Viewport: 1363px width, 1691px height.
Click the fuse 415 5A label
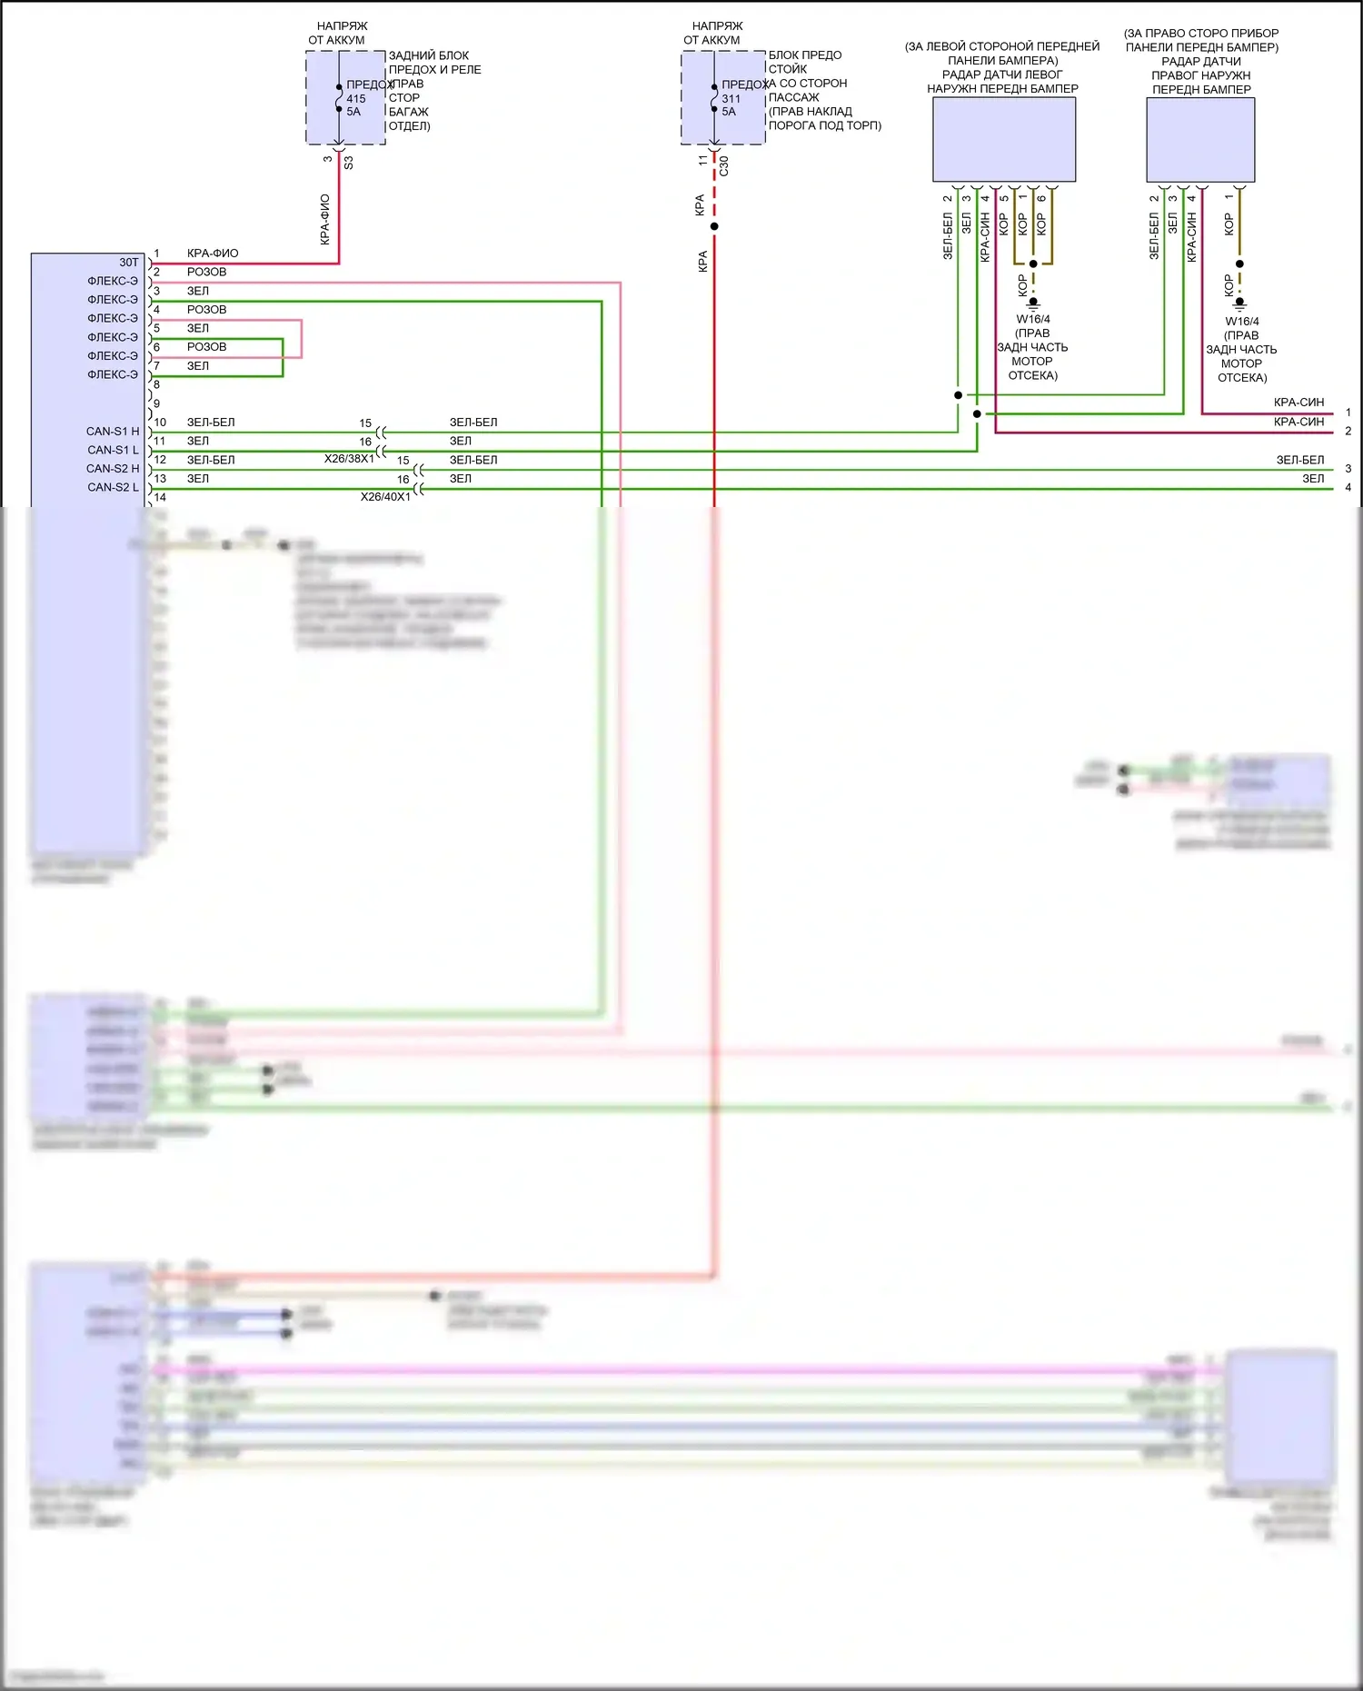tap(355, 104)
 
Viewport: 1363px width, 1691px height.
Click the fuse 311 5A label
tap(731, 104)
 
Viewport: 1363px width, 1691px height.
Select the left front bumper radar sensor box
tap(1004, 139)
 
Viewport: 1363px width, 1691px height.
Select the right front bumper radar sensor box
tap(1200, 139)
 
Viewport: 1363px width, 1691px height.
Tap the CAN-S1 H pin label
tap(113, 432)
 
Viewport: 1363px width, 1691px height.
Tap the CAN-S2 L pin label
tap(113, 488)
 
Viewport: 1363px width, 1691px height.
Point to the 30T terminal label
tap(129, 263)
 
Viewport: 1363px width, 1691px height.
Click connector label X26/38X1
tap(349, 459)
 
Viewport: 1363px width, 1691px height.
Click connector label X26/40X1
tap(385, 497)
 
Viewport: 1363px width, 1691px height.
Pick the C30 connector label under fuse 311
tap(724, 165)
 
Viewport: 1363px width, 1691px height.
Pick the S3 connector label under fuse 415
tap(349, 163)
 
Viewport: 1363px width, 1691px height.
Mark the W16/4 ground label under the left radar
tap(1033, 320)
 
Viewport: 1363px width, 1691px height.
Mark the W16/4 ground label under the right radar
tap(1242, 322)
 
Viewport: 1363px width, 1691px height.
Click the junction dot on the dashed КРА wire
tap(714, 226)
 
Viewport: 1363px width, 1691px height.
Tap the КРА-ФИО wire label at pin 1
tap(213, 254)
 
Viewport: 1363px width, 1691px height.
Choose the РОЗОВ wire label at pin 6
tap(206, 347)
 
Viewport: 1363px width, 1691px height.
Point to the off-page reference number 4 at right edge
tap(1348, 488)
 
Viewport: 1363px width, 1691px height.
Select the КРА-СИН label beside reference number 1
tap(1298, 403)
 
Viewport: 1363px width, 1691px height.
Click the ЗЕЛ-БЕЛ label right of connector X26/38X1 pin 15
tap(473, 423)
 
